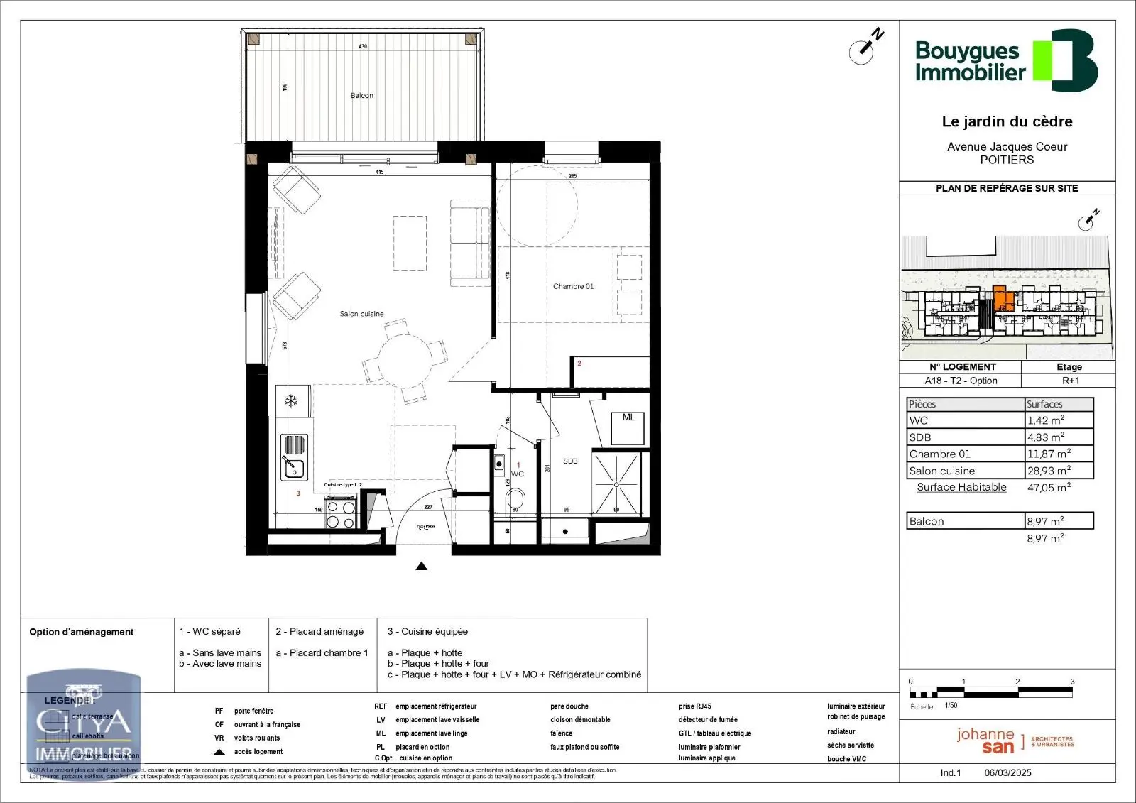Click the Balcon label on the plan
pos(361,95)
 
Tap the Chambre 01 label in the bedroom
pos(573,286)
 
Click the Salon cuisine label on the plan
pos(361,314)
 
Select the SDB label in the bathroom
pos(570,461)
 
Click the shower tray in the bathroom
pos(616,483)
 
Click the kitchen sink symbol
pos(293,468)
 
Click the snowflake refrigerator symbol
pos(290,401)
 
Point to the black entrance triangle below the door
pos(421,566)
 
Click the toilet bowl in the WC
pos(516,501)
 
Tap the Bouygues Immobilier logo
pos(1005,60)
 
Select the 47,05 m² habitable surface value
pos(1048,487)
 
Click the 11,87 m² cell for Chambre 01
pos(1048,454)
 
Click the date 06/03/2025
pos(1007,772)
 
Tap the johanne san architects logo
pos(1014,741)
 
